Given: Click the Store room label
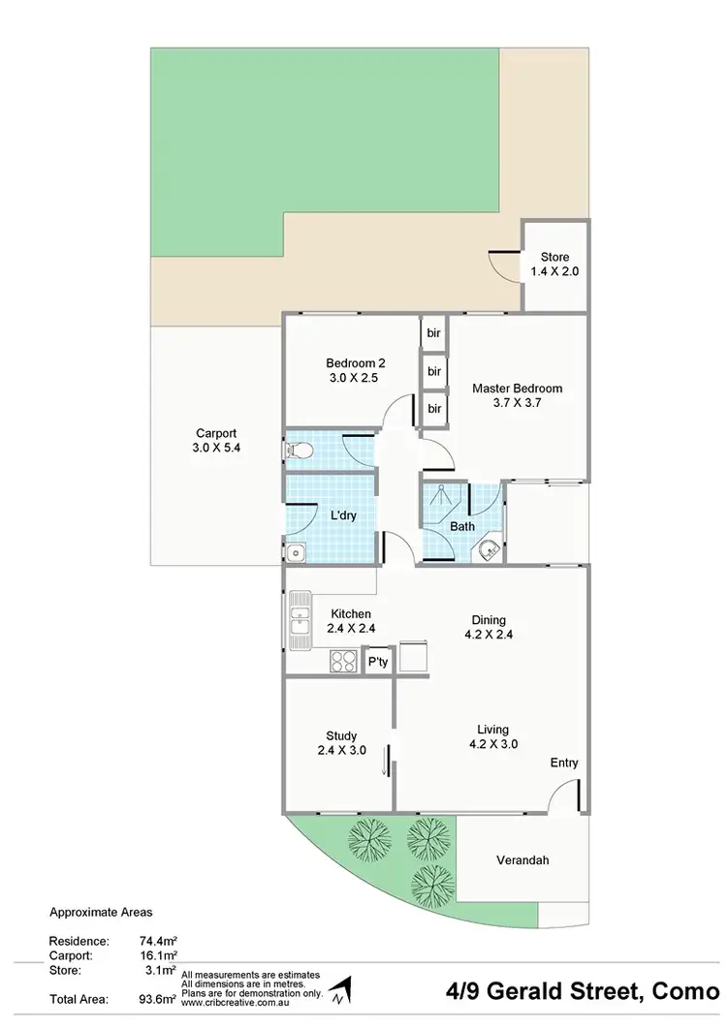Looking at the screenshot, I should pos(554,257).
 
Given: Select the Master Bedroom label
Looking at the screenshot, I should pos(517,389).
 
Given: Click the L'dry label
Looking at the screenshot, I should pos(343,515).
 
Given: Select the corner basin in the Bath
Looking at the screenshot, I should pos(490,550).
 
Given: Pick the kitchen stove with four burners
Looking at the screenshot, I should pos(342,662).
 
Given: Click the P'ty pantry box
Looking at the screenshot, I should pos(377,663).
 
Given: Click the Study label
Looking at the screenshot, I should pos(341,734).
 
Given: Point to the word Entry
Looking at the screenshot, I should pos(564,763).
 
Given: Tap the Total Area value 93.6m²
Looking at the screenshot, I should pos(158,998).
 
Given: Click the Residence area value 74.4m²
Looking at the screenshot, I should pos(158,940).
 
